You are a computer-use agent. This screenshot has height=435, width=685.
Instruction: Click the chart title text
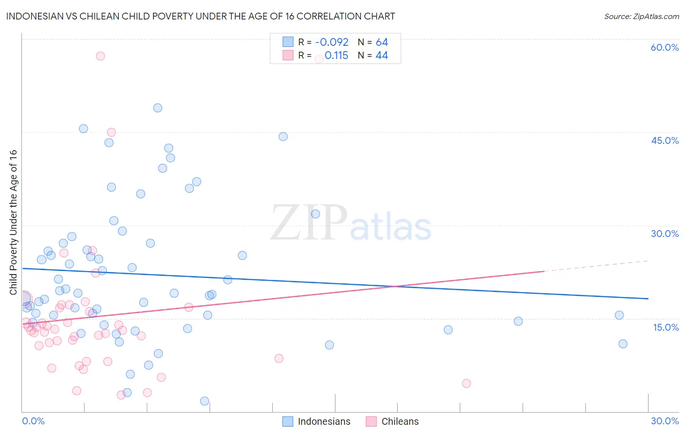pos(200,16)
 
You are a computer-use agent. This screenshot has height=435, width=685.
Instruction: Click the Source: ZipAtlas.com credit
pos(641,16)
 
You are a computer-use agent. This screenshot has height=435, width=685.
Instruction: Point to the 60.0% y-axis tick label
pos(665,47)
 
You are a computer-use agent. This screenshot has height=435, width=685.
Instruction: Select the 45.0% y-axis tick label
pos(665,140)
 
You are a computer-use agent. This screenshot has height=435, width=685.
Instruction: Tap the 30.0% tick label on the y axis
pos(665,234)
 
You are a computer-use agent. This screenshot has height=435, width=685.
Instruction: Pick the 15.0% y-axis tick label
pos(666,327)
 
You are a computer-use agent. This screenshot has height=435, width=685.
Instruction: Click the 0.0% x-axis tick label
pos(33,421)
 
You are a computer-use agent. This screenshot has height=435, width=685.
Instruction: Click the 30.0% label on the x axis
pos(665,421)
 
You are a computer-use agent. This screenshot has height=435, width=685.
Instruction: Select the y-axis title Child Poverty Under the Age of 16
pos(13,222)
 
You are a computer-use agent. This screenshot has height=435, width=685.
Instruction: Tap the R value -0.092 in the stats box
pos(332,42)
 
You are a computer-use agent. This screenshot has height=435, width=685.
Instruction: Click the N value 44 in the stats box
pos(381,56)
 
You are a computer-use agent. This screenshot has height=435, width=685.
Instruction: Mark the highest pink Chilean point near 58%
pos(100,56)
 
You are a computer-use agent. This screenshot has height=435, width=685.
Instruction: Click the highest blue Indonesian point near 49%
pos(157,108)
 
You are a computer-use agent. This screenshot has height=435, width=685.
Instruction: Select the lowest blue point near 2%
pos(205,401)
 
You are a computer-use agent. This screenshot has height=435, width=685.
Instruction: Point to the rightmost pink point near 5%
pos(466,383)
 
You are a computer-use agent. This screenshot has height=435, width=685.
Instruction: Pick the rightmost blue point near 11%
pos(623,344)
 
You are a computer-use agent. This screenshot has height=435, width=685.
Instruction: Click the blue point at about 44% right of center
pos(283,137)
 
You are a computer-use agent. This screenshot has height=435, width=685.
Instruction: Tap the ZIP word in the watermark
pos(309,223)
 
